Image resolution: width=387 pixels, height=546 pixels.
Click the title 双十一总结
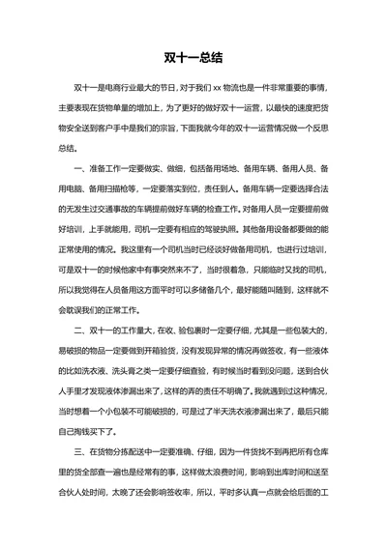[x=193, y=56]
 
